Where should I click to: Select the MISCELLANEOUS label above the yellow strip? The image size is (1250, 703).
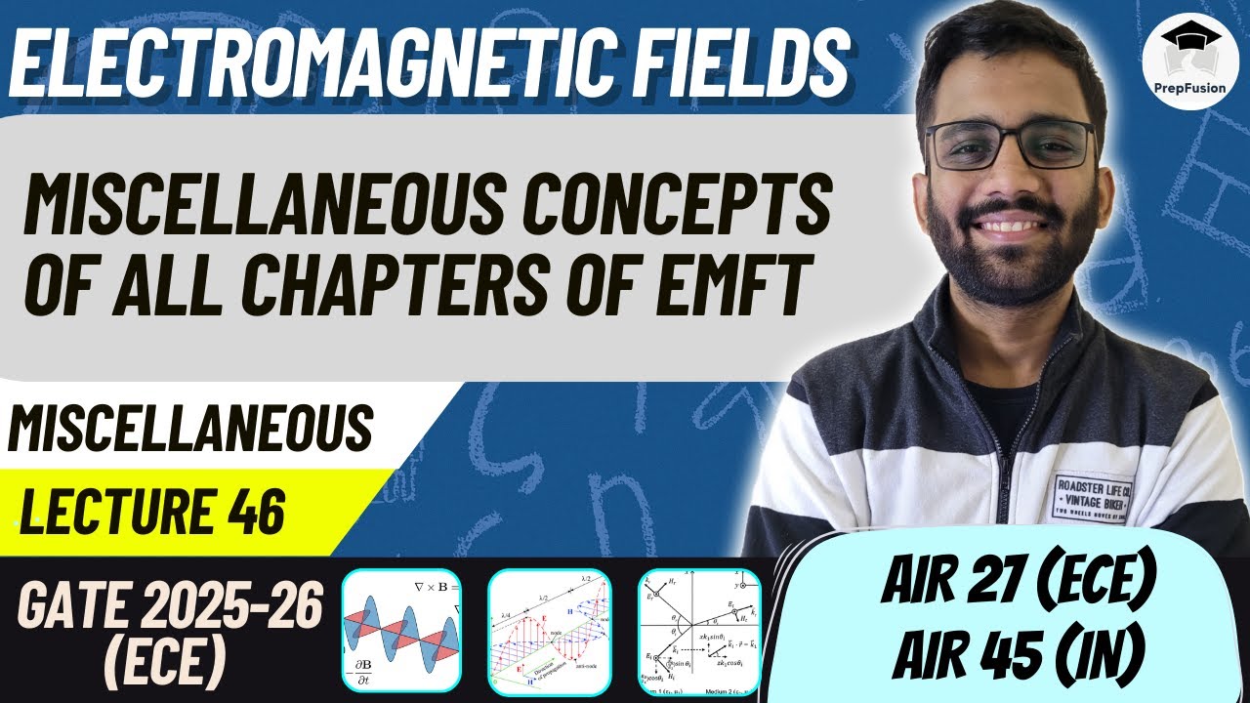tap(190, 430)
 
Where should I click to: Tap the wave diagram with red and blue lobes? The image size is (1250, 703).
tap(400, 630)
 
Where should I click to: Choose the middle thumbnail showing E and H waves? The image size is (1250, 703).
tap(555, 630)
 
